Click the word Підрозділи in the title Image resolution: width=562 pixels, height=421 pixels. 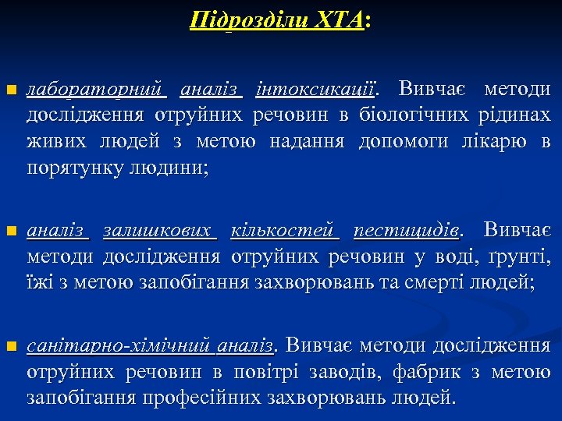[x=237, y=19]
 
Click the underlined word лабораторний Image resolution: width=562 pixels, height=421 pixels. [x=97, y=90]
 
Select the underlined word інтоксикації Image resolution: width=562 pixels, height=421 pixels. [x=316, y=90]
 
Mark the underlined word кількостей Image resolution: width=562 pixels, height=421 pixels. [x=285, y=231]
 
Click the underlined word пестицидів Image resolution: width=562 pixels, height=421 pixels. [x=406, y=231]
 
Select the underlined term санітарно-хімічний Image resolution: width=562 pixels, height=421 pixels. [x=119, y=345]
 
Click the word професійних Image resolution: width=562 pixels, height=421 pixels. [x=200, y=397]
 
